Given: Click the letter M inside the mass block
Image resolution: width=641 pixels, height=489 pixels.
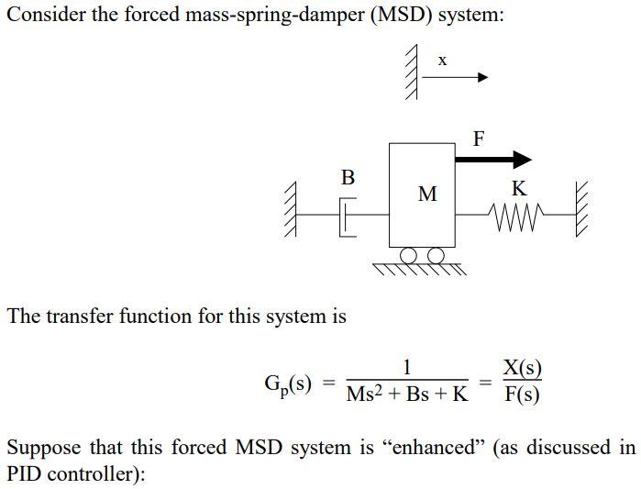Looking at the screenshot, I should pos(427,194).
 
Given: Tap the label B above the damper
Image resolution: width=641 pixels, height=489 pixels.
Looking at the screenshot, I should pos(348,177).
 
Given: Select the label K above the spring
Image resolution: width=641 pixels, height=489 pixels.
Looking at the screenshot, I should pos(519,189).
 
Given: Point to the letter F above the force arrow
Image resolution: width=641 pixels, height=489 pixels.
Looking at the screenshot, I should pos(479,139).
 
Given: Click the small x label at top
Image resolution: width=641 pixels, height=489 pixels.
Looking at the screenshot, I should pos(442,61).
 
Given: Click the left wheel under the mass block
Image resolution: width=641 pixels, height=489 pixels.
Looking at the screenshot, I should pos(410,254).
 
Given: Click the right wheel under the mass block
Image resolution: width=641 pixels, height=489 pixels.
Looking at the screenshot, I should pos(437,254).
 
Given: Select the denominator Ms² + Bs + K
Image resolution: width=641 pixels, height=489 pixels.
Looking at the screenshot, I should pos(407,395).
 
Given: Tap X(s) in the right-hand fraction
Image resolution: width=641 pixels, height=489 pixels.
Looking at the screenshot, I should pos(522,370).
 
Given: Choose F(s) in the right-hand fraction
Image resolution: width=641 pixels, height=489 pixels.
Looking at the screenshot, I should pos(522,395).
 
